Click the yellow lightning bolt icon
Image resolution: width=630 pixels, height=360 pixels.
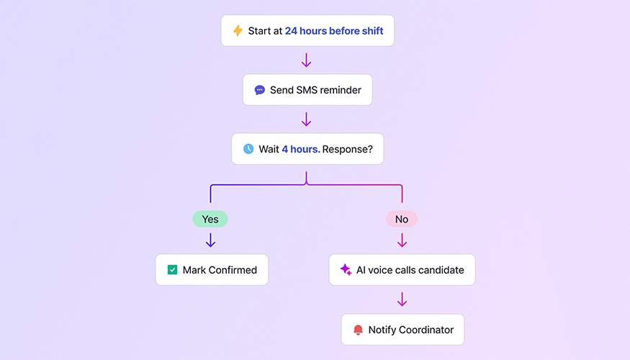coord(238,31)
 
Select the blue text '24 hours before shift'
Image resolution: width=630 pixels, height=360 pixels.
coord(333,31)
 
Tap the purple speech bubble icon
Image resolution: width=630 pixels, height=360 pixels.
coord(260,90)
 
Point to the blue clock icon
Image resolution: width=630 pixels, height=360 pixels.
coord(248,149)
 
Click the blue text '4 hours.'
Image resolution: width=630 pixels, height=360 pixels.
coord(300,149)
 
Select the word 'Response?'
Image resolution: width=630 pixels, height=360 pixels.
coord(353,149)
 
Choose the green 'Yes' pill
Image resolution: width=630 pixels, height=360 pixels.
coord(210,219)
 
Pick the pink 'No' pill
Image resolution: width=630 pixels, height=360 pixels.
coord(402,219)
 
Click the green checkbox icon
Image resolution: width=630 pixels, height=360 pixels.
coord(172,270)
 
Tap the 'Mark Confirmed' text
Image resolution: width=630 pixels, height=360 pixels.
coord(220,270)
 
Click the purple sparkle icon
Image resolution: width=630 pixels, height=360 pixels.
coord(346,270)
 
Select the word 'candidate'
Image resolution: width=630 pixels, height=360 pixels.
coord(439,270)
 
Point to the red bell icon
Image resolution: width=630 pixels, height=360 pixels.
coord(358,330)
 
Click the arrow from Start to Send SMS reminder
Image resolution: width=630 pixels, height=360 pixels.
coord(306,60)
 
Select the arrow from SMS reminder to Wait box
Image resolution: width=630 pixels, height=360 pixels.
coord(306,119)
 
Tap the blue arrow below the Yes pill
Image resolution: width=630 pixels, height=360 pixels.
coord(210,240)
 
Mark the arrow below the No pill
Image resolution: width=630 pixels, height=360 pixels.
coord(402,240)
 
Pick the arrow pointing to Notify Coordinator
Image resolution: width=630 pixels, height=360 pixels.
coord(402,299)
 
